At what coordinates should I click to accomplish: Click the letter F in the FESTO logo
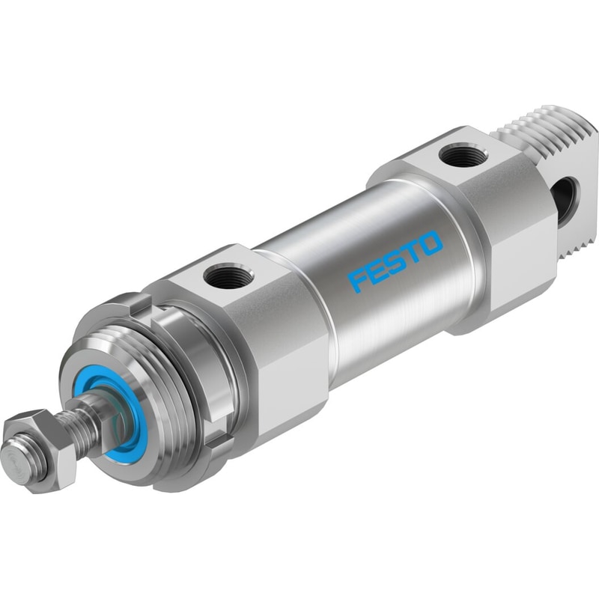pos(357,282)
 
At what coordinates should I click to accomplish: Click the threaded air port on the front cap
pos(228,273)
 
